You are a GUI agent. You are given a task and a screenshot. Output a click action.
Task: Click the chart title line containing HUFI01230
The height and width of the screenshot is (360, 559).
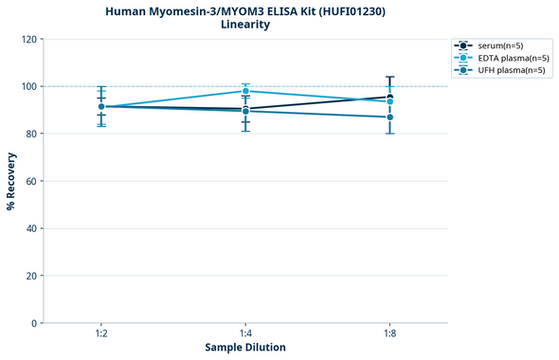point(245,10)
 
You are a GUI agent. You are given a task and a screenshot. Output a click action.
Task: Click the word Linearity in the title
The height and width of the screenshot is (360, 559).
point(245,25)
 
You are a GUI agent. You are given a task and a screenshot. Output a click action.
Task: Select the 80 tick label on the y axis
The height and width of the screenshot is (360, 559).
point(30,134)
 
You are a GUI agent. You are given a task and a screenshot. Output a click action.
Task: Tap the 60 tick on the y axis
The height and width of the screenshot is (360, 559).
point(30,181)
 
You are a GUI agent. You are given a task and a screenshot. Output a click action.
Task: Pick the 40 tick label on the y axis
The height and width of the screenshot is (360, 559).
point(30,228)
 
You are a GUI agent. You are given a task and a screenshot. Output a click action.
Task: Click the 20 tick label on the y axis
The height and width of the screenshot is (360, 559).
point(30,276)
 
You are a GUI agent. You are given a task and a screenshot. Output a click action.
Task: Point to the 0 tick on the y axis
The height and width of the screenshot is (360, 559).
point(33,323)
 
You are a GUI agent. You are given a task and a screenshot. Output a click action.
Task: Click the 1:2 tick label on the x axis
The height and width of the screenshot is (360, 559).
point(100,334)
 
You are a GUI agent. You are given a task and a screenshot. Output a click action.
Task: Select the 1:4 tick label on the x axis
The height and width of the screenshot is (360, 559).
point(245,334)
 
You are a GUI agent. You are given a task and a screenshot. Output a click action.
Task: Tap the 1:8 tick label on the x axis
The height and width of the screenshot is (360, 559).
point(389,334)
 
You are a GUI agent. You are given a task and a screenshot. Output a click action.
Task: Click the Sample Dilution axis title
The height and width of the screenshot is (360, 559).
point(245,348)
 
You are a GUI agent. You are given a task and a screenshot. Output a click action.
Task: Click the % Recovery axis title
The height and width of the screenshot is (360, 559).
point(11,181)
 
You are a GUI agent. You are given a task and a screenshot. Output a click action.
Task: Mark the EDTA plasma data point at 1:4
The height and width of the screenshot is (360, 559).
point(245,91)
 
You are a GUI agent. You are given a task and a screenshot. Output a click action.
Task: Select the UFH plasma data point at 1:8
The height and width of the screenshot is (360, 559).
point(389,117)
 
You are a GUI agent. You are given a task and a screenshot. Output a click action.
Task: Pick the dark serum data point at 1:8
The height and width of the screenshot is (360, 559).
point(389,97)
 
